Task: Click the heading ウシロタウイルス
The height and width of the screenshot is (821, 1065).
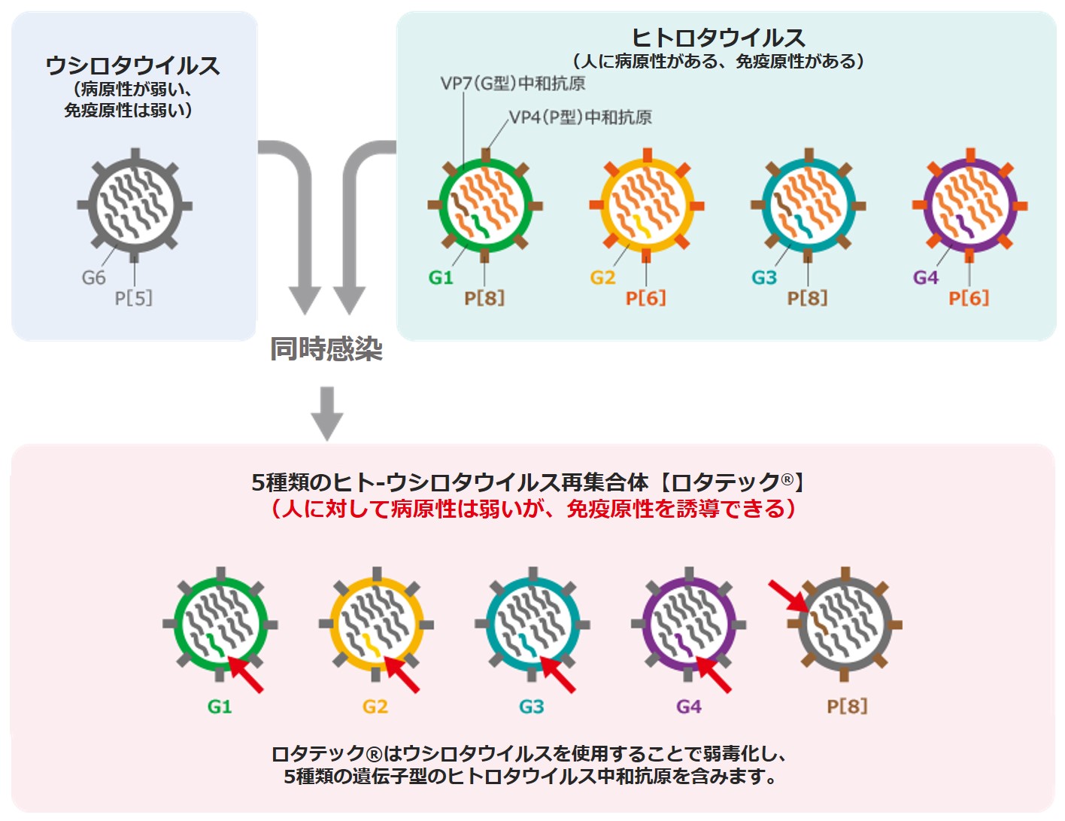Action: pos(132,66)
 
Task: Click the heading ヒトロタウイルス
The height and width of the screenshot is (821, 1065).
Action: pos(718,38)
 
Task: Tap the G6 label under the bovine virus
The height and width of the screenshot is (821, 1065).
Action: pos(94,278)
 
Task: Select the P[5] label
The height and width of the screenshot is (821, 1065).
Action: pos(133,298)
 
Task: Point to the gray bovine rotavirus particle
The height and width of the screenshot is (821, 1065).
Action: pos(135,205)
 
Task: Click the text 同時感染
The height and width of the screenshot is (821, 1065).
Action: pos(326,349)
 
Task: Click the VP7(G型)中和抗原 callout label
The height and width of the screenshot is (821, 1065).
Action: pos(513,84)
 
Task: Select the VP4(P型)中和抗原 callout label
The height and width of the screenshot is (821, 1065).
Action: pos(580,117)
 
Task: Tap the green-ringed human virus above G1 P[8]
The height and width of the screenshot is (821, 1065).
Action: pos(485,205)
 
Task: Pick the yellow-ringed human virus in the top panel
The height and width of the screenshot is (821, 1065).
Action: pos(646,205)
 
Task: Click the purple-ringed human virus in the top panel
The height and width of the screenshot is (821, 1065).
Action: pos(970,205)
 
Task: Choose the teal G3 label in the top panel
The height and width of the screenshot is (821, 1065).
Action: pos(764,278)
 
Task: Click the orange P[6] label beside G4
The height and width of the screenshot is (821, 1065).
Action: pos(969,298)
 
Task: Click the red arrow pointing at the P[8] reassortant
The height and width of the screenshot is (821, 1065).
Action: pos(787,595)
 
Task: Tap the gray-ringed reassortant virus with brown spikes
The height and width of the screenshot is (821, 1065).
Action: pos(845,625)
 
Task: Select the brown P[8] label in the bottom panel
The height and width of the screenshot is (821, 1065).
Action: pos(847,707)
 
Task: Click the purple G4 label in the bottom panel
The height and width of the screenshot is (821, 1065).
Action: pos(689,707)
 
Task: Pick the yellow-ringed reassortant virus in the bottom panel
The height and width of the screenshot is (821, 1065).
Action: pos(376,625)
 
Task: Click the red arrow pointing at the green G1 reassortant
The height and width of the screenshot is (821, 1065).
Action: pos(246,674)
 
